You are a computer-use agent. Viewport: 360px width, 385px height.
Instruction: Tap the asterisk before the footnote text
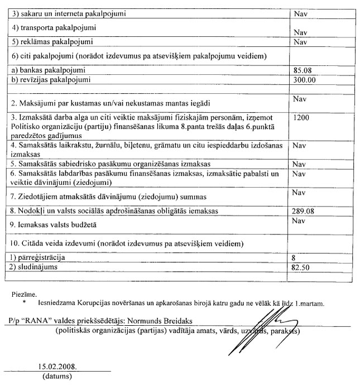point(25,303)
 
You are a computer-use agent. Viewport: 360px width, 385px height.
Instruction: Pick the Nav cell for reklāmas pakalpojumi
point(300,42)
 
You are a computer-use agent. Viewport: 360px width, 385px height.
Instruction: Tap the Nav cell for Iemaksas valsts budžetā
point(300,222)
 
